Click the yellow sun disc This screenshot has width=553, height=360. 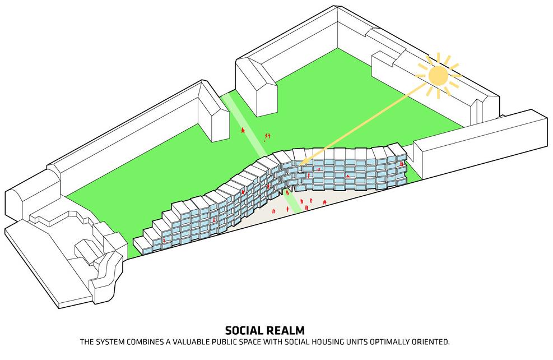pyautogui.click(x=438, y=76)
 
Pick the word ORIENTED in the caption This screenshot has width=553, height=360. pyautogui.click(x=430, y=341)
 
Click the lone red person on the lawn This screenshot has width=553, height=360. pyautogui.click(x=243, y=130)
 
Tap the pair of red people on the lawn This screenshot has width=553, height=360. pyautogui.click(x=268, y=136)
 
